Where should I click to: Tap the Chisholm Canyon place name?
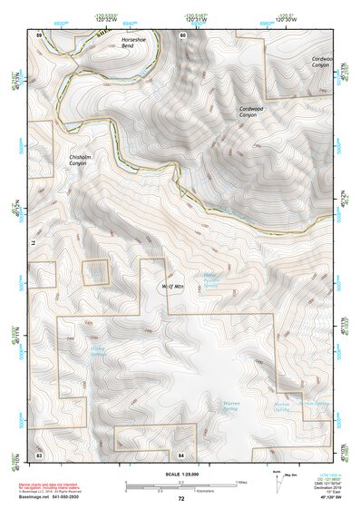pos(82,161)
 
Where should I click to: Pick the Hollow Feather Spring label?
pos(210,280)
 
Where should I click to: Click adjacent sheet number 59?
pos(39,34)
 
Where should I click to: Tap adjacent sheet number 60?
pos(182,34)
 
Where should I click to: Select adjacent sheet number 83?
pos(39,453)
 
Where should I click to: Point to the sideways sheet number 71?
pos(39,243)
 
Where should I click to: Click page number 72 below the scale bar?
pos(181,499)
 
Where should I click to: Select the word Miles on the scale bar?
pos(241,482)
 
